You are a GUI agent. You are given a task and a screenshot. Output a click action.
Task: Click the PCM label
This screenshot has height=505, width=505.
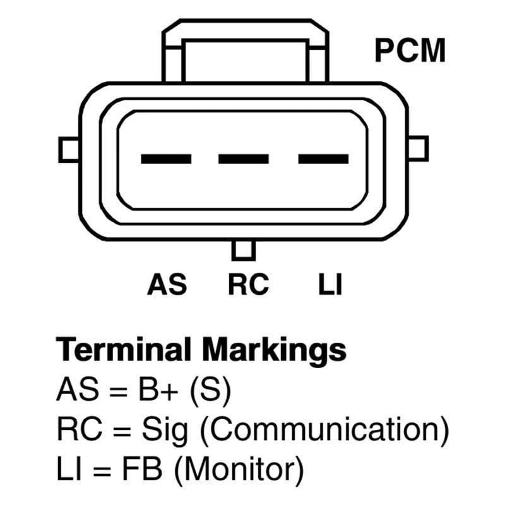pyautogui.click(x=410, y=50)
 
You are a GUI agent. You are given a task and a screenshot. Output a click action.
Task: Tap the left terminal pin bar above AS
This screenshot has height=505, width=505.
pyautogui.click(x=166, y=159)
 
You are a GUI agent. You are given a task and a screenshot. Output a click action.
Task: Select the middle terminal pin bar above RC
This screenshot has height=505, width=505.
pyautogui.click(x=244, y=159)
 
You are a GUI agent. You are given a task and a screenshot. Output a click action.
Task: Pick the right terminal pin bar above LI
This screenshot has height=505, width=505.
pyautogui.click(x=323, y=159)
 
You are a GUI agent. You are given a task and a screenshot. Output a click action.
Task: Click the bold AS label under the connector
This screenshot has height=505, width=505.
pyautogui.click(x=167, y=284)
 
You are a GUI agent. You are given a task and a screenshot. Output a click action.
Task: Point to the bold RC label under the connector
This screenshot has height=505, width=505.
pyautogui.click(x=248, y=284)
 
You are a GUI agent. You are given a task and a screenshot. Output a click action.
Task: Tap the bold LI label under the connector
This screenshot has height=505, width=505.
pyautogui.click(x=330, y=284)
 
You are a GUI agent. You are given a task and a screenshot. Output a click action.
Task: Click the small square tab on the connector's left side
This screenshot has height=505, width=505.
pyautogui.click(x=69, y=150)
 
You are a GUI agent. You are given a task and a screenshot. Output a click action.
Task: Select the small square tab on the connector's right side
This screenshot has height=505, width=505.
pyautogui.click(x=418, y=148)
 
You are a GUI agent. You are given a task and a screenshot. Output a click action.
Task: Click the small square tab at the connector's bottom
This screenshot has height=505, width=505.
pyautogui.click(x=244, y=250)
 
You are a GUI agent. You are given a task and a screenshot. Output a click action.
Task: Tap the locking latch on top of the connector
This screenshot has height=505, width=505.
pyautogui.click(x=246, y=51)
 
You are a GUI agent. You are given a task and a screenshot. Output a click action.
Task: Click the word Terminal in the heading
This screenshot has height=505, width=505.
pyautogui.click(x=123, y=350)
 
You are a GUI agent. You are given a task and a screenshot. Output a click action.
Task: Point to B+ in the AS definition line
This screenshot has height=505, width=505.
pyautogui.click(x=158, y=389)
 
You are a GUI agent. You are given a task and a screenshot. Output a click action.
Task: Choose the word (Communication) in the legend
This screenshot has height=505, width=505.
pyautogui.click(x=324, y=430)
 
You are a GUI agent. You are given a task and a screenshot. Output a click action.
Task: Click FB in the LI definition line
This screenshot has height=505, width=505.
pyautogui.click(x=141, y=468)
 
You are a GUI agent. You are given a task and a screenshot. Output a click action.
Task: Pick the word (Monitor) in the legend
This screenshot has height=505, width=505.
pyautogui.click(x=239, y=470)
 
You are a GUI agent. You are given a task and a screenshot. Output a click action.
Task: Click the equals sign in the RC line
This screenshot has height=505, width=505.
pyautogui.click(x=122, y=431)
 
